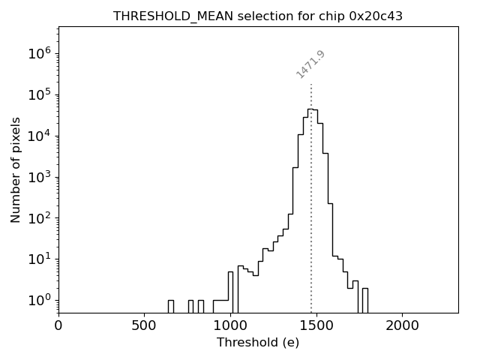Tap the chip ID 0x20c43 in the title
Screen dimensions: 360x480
(376, 16)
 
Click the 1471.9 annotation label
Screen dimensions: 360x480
(310, 64)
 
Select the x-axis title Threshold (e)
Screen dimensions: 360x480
(258, 343)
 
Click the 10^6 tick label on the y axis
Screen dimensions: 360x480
(38, 53)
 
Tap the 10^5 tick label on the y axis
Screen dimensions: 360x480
(38, 94)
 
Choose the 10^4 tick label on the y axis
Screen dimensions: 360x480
(38, 136)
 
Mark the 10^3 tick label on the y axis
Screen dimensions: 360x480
(38, 177)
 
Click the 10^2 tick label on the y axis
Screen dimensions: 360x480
(38, 218)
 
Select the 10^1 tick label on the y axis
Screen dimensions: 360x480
(38, 259)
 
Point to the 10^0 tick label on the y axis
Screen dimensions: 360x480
(38, 301)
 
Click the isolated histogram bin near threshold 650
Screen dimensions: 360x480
(170, 306)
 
